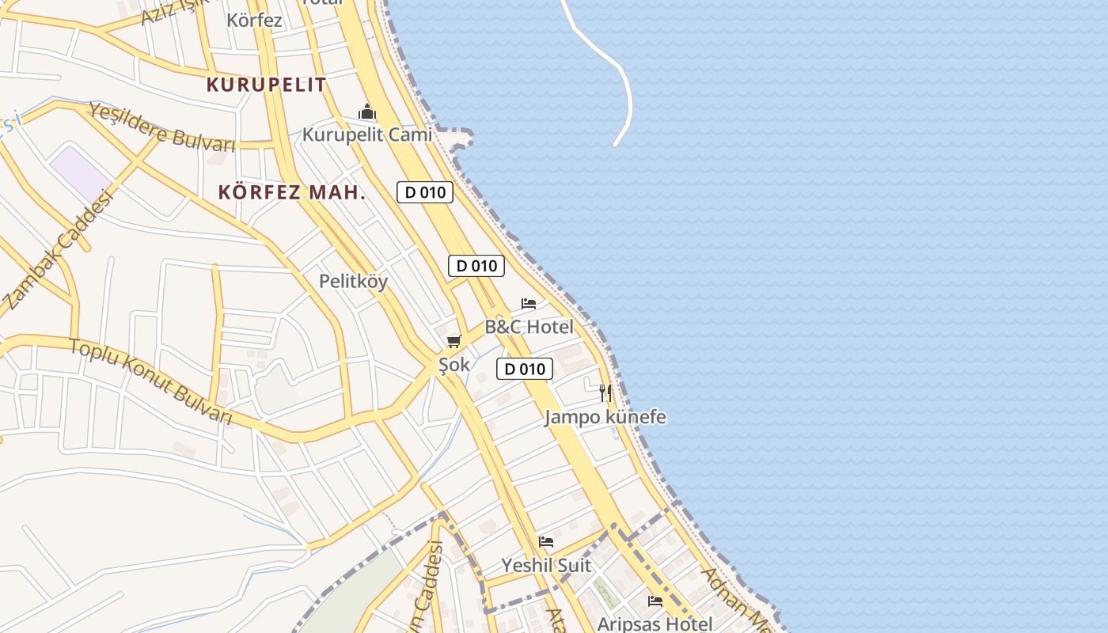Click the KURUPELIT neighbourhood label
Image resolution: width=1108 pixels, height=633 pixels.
266,85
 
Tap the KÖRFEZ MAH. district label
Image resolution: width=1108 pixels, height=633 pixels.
292,192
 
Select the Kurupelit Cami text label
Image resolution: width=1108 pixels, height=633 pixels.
367,135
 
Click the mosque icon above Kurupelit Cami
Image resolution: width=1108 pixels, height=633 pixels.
367,112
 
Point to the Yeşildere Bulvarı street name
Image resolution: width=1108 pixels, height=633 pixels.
162,127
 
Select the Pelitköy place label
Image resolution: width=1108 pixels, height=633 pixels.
353,281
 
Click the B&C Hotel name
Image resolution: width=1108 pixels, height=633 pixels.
529,326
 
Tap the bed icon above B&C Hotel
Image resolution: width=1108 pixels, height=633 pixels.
529,304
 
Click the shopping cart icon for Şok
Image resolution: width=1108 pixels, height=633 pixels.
453,342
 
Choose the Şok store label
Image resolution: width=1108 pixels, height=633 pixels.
454,365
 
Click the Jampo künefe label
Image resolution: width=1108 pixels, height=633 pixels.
605,417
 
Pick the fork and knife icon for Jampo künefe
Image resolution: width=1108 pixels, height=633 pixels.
605,393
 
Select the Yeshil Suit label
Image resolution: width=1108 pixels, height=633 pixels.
546,566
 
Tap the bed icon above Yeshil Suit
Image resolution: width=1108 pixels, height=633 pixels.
546,542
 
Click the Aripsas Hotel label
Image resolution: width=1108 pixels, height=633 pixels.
655,624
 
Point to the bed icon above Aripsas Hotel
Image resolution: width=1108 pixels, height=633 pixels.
655,601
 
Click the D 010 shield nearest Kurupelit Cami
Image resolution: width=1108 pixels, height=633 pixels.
425,192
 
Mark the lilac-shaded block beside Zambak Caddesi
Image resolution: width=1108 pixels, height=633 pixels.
81,173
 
